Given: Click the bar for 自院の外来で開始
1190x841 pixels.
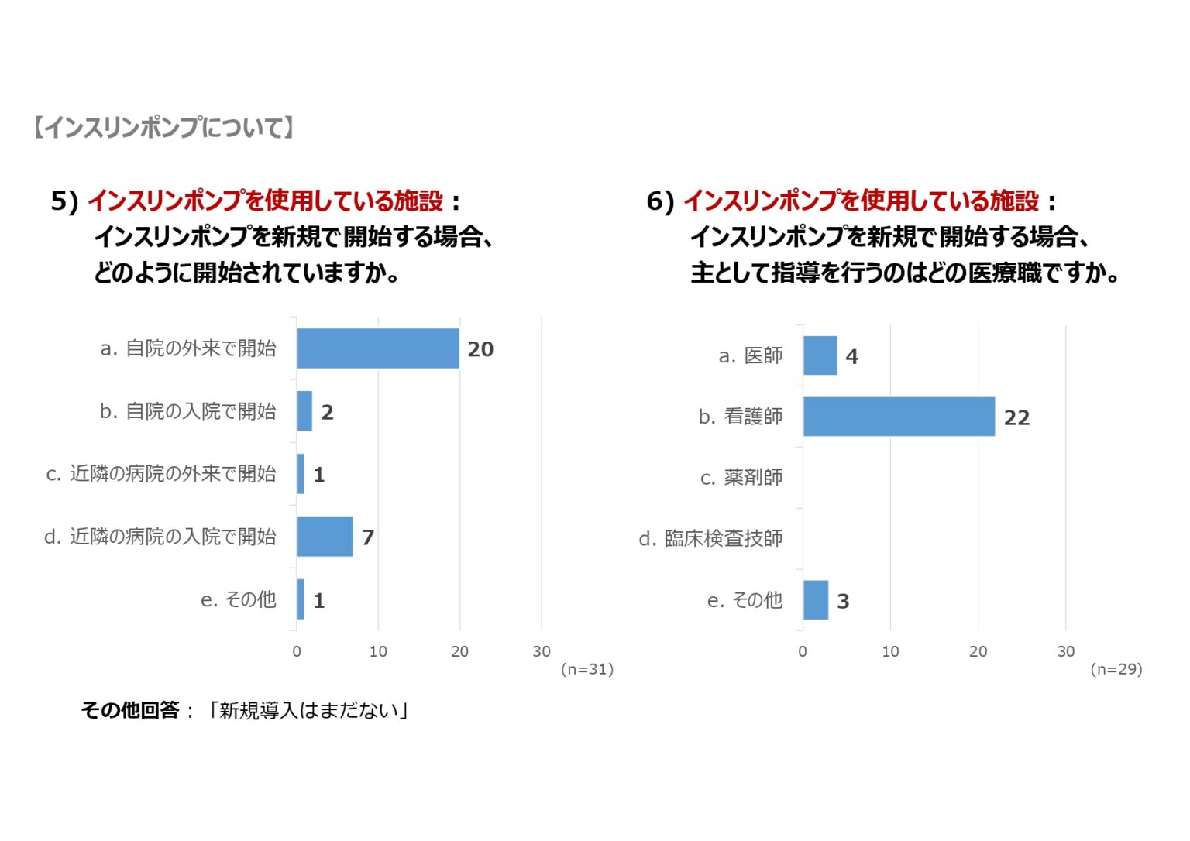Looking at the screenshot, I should click(378, 348).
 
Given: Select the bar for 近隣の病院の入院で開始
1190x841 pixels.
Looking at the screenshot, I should click(325, 536).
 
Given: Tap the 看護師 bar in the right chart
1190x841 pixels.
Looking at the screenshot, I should click(899, 417).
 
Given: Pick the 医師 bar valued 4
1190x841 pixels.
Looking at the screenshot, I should click(820, 355).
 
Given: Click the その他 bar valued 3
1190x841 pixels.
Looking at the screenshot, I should click(815, 600).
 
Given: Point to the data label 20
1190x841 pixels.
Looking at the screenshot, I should click(480, 349).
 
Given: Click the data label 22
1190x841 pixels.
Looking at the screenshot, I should click(1016, 418).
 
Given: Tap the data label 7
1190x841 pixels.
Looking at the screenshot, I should click(368, 537).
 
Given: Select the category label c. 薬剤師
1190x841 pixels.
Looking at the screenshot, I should click(741, 478).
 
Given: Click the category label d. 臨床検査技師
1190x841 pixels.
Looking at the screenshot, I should click(710, 538).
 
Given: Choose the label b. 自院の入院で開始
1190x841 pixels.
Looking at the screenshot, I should click(187, 411).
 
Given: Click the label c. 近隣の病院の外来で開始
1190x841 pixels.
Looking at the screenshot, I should click(161, 474).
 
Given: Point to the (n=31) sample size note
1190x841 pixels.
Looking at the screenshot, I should click(587, 669).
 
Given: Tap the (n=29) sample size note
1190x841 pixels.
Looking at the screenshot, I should click(1116, 669).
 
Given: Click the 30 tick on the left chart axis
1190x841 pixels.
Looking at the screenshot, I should click(542, 651).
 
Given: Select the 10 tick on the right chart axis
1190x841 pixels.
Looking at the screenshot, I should click(890, 651).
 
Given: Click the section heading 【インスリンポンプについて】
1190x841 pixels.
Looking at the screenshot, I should click(164, 128).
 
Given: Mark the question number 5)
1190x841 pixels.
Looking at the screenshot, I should click(65, 201).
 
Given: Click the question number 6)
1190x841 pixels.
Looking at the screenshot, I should click(661, 201).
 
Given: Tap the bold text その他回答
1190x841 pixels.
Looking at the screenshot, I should click(130, 710).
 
